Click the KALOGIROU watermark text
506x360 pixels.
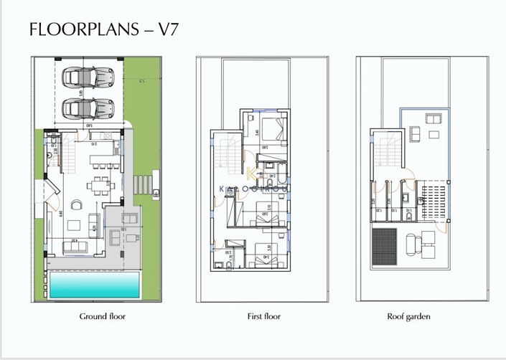(253, 189)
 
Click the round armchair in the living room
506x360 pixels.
(94, 218)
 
